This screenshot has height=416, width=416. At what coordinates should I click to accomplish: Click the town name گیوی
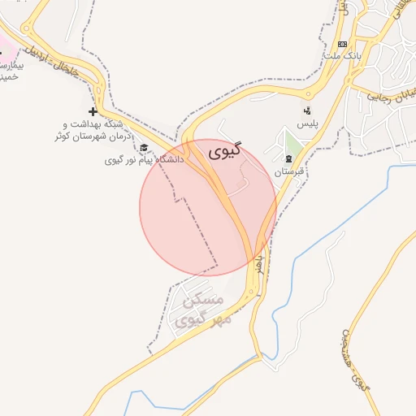click(225, 152)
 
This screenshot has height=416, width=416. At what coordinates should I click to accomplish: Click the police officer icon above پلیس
click(306, 110)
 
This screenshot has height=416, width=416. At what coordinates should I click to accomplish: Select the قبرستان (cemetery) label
click(288, 172)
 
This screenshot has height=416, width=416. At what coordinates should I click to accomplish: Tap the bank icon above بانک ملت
click(342, 44)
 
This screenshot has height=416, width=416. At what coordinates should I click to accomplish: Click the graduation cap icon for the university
click(144, 148)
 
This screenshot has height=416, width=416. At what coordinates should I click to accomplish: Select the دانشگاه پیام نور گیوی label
click(144, 160)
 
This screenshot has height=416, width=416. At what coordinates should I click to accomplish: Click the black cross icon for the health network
click(93, 110)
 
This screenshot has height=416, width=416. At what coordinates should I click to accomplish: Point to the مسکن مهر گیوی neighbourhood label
click(201, 311)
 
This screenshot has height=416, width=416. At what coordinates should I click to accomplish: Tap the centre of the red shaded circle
click(209, 207)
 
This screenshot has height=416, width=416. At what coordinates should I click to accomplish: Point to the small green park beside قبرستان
click(293, 143)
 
